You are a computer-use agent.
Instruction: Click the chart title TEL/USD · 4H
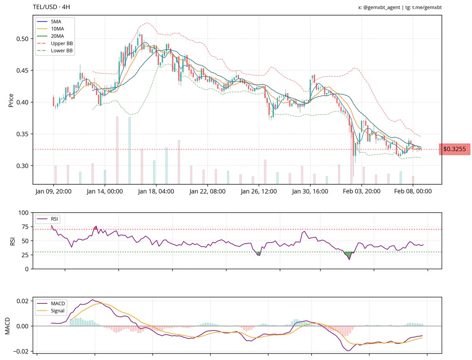pyautogui.click(x=52, y=7)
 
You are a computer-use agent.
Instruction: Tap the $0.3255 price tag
pyautogui.click(x=454, y=149)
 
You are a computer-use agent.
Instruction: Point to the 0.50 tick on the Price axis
pyautogui.click(x=23, y=39)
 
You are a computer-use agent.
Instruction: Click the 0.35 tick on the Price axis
pyautogui.click(x=23, y=134)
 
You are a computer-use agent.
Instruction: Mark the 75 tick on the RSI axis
pyautogui.click(x=24, y=227)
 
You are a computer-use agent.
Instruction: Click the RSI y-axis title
pyautogui.click(x=12, y=241)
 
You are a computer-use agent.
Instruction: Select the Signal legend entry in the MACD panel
pyautogui.click(x=58, y=311)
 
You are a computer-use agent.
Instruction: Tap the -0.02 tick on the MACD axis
pyautogui.click(x=22, y=351)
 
